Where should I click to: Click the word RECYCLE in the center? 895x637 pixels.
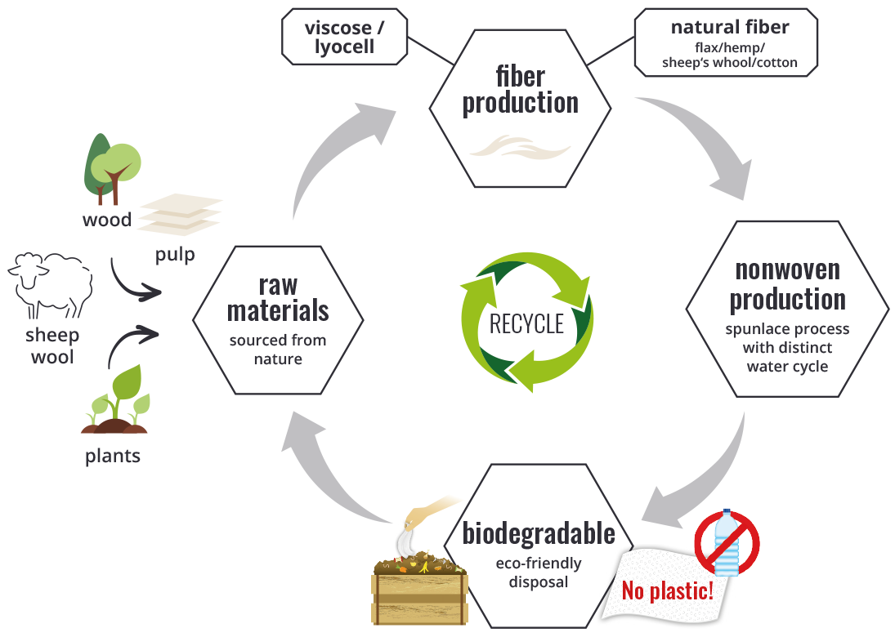(526, 323)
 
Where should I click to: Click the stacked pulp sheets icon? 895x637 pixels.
(180, 216)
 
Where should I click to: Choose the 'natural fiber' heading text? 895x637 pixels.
(729, 28)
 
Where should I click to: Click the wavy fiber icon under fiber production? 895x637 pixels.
(520, 147)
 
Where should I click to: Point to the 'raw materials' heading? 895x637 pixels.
(278, 299)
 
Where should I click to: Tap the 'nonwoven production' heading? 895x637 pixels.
(787, 284)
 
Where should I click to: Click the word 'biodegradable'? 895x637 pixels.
(539, 534)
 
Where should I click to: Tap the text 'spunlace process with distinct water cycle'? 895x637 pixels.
(787, 348)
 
